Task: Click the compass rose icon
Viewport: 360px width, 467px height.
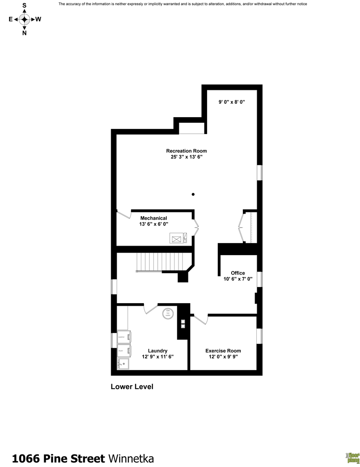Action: click(24, 19)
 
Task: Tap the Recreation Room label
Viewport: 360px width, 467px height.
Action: click(186, 151)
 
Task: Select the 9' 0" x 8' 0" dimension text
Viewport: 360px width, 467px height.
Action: click(231, 102)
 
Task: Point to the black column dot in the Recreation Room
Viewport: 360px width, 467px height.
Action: click(193, 194)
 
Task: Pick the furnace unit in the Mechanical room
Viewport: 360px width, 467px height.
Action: click(178, 238)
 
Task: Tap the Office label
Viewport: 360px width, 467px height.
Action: click(238, 273)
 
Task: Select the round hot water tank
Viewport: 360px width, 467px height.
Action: click(168, 313)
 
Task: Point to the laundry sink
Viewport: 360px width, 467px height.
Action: click(124, 364)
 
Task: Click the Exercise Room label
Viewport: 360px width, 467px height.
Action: click(223, 351)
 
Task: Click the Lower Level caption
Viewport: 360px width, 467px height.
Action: click(132, 387)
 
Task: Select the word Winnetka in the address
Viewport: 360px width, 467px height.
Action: click(131, 458)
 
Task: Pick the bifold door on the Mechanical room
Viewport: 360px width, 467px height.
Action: click(196, 226)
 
